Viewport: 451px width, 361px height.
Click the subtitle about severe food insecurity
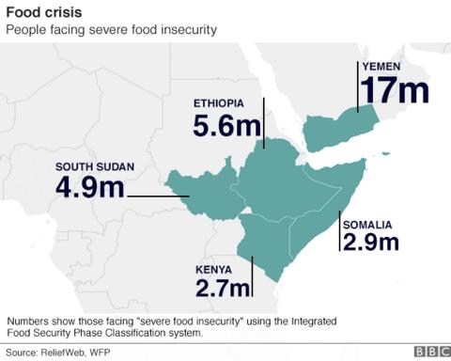(x=112, y=30)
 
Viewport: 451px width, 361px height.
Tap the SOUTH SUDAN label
(x=94, y=166)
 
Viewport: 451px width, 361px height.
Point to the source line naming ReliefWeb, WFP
(x=59, y=352)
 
